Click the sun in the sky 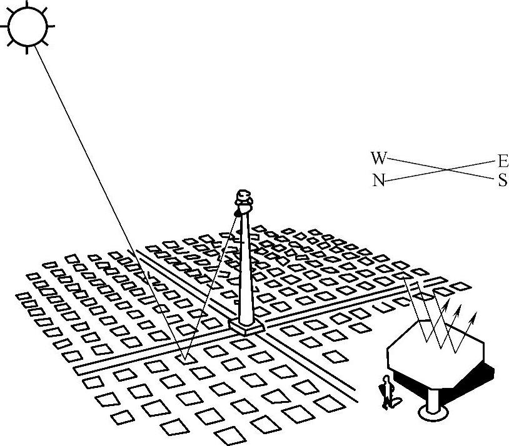pyautogui.click(x=28, y=27)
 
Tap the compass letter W pyautogui.click(x=378, y=157)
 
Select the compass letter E pyautogui.click(x=503, y=162)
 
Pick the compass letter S pyautogui.click(x=503, y=181)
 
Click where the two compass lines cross pyautogui.click(x=448, y=169)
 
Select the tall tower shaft pyautogui.click(x=246, y=269)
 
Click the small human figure pyautogui.click(x=388, y=392)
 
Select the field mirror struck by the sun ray pyautogui.click(x=183, y=359)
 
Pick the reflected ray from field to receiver pyautogui.click(x=209, y=287)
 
